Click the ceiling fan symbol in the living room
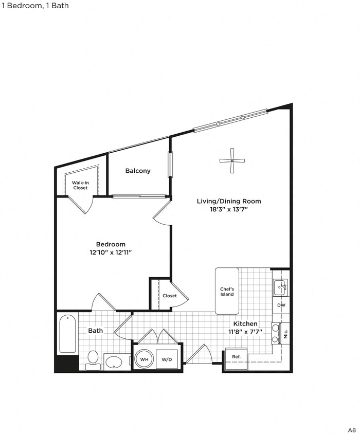pyautogui.click(x=232, y=160)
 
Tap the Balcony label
pyautogui.click(x=138, y=171)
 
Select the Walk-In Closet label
pyautogui.click(x=80, y=185)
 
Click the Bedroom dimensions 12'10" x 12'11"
pyautogui.click(x=111, y=252)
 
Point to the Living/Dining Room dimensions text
pyautogui.click(x=229, y=209)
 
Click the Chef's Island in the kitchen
pyautogui.click(x=227, y=291)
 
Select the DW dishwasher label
pyautogui.click(x=281, y=305)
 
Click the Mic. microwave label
pyautogui.click(x=285, y=333)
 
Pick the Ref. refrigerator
pyautogui.click(x=236, y=357)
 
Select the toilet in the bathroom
pyautogui.click(x=93, y=358)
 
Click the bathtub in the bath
pyautogui.click(x=67, y=334)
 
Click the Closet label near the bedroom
pyautogui.click(x=169, y=296)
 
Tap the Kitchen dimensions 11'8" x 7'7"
pyautogui.click(x=245, y=332)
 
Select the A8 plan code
pyautogui.click(x=351, y=429)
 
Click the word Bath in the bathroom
pyautogui.click(x=96, y=331)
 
